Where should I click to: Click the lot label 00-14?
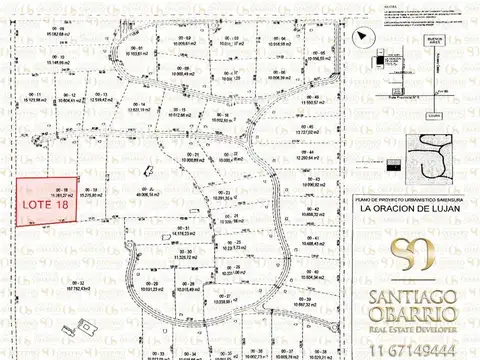137,134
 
